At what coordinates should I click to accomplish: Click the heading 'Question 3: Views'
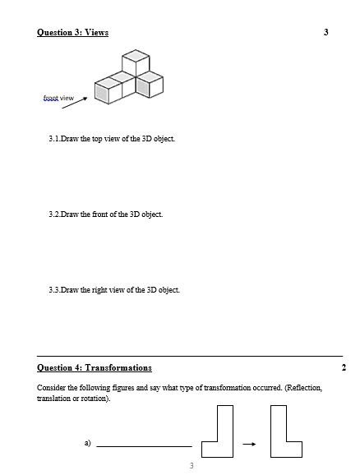point(72,32)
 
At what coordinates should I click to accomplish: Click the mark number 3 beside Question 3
point(325,32)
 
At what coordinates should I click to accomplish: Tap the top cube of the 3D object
point(136,63)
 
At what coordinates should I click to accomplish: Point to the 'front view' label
point(58,98)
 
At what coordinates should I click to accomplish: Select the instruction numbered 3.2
point(106,214)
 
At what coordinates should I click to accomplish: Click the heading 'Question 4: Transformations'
point(95,367)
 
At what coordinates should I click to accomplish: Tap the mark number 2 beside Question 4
point(343,367)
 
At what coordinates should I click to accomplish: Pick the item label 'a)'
point(86,443)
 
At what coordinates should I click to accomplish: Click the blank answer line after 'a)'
point(144,445)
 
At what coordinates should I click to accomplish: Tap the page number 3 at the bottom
point(191,466)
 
